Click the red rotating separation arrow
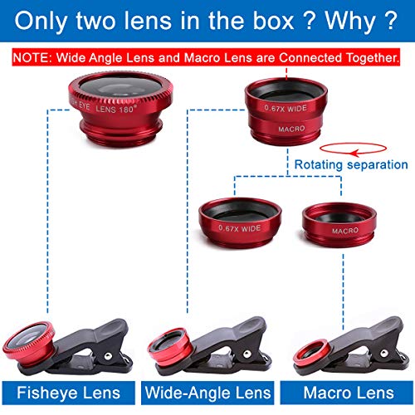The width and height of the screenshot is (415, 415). tap(354, 151)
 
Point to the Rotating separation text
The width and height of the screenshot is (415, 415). tap(344, 164)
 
